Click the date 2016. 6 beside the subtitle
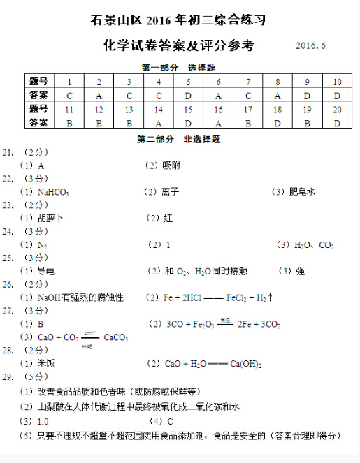[311, 46]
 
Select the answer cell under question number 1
[69, 95]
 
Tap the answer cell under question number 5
[188, 95]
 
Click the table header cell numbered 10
[337, 82]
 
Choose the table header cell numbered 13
[129, 109]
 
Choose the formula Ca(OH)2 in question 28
[225, 364]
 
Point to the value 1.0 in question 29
[42, 421]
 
